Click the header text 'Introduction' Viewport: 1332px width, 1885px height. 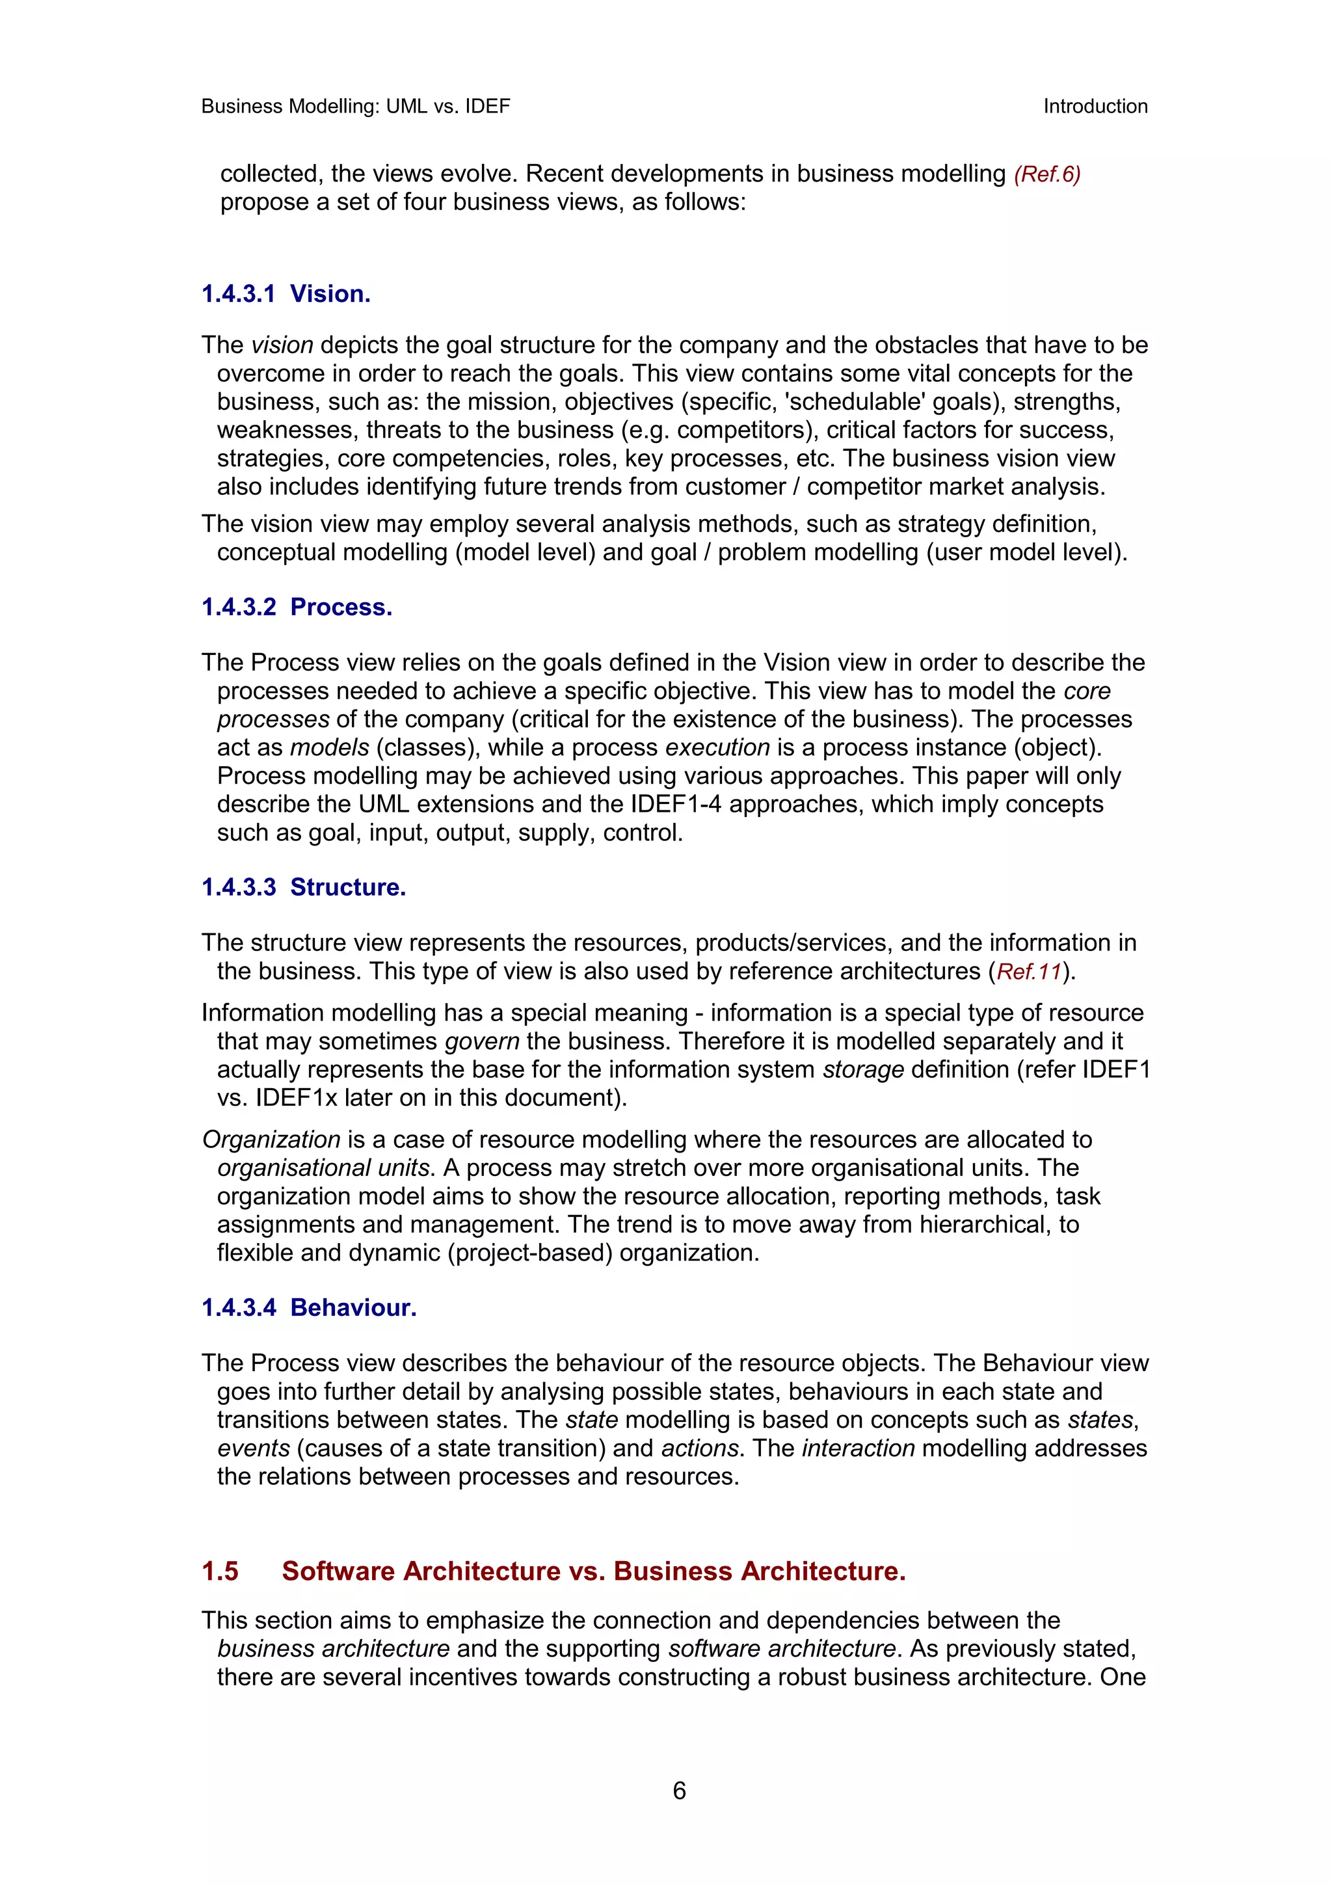(1095, 107)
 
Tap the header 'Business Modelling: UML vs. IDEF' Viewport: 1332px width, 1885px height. (355, 107)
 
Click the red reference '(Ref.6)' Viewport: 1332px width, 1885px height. (1046, 174)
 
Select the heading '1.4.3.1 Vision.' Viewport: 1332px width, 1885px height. (286, 294)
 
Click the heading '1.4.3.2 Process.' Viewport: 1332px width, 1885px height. (297, 607)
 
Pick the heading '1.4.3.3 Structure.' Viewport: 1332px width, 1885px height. (304, 887)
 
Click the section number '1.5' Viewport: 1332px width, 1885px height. (220, 1571)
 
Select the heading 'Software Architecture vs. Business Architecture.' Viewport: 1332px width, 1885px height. (593, 1571)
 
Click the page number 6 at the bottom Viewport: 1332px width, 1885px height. (679, 1791)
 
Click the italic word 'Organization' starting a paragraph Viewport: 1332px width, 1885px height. (271, 1140)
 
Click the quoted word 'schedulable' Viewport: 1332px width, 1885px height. (869, 402)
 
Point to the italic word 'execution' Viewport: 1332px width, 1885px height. (717, 748)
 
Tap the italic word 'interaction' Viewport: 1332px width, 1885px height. (858, 1449)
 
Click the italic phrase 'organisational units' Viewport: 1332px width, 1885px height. (323, 1168)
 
